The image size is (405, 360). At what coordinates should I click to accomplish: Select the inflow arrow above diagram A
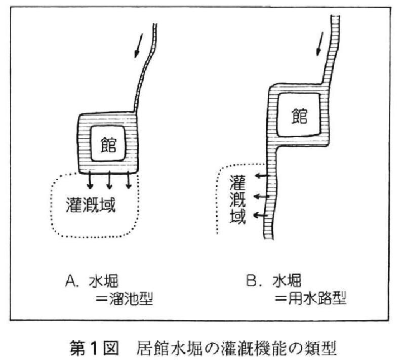click(139, 46)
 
